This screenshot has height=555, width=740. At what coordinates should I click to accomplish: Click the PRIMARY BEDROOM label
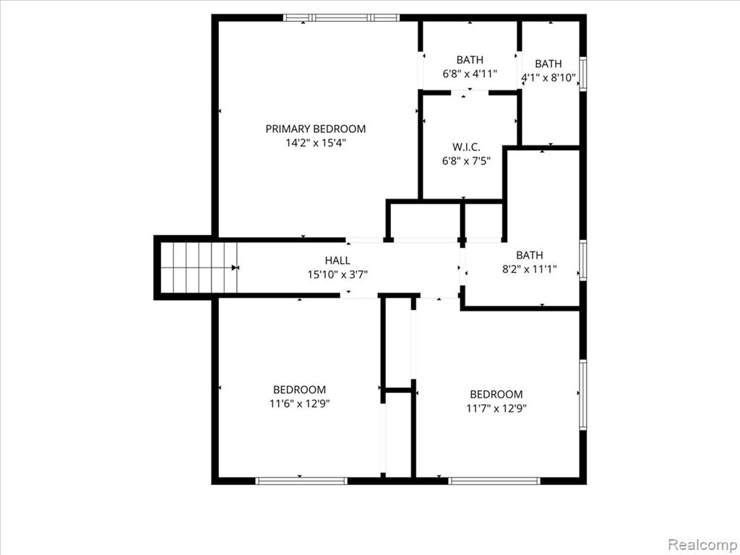(315, 129)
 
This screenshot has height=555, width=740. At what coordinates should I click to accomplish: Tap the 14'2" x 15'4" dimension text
(315, 143)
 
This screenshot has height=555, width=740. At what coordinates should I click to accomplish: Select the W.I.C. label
(466, 147)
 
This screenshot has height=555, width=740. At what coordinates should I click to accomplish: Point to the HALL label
(337, 260)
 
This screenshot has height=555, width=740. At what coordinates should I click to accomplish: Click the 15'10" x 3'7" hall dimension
(337, 274)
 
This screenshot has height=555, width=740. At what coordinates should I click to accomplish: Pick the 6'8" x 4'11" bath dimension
(470, 74)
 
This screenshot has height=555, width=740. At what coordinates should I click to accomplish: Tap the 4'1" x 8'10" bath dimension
(548, 77)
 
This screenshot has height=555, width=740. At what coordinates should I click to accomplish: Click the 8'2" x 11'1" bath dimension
(530, 269)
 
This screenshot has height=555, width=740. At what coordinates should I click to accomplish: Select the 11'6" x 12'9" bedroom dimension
(300, 403)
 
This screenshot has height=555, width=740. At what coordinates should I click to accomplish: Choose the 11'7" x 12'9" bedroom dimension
(496, 408)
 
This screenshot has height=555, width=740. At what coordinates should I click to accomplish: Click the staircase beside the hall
(199, 267)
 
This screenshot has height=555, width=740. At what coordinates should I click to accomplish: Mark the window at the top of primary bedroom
(341, 18)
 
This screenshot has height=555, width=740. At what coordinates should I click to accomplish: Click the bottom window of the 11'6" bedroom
(301, 481)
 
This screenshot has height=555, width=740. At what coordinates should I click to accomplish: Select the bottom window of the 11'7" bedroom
(494, 481)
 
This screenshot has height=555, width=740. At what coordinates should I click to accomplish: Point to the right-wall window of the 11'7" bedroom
(583, 395)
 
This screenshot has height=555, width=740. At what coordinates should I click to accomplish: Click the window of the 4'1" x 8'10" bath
(583, 74)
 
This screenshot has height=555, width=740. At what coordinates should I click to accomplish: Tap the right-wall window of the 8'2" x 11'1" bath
(583, 260)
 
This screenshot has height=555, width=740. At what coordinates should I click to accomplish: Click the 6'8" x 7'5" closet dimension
(466, 161)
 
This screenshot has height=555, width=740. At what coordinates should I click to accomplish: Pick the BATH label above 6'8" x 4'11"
(470, 60)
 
